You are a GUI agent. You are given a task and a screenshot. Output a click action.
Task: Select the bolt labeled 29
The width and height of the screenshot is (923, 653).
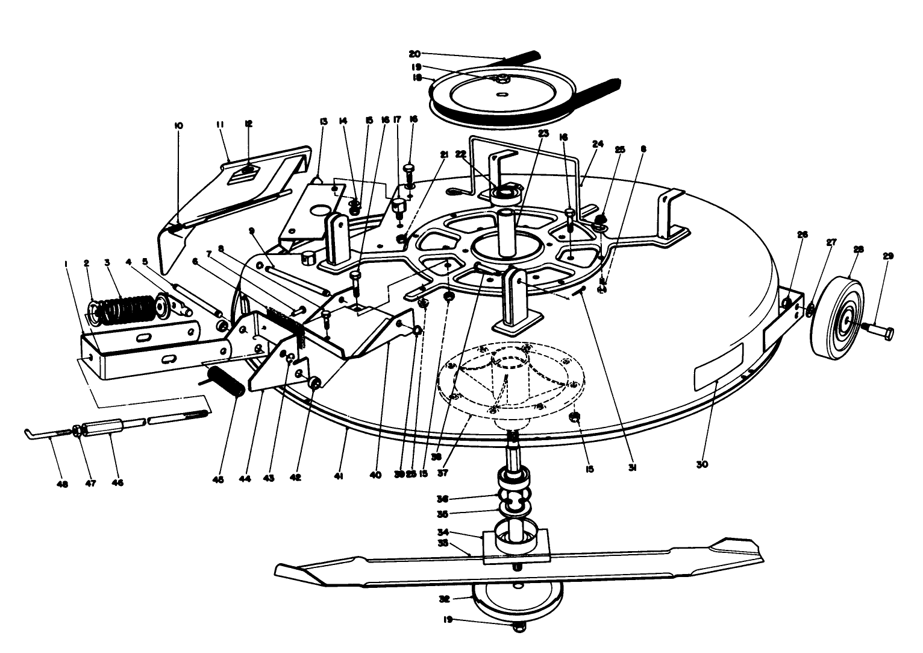point(879,330)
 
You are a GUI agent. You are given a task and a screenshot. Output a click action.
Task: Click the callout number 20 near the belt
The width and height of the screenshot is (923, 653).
point(431,54)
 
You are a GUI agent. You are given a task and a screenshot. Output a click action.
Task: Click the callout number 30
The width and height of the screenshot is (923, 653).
point(702,464)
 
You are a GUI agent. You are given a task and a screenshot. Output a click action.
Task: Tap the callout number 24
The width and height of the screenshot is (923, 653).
point(598,144)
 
